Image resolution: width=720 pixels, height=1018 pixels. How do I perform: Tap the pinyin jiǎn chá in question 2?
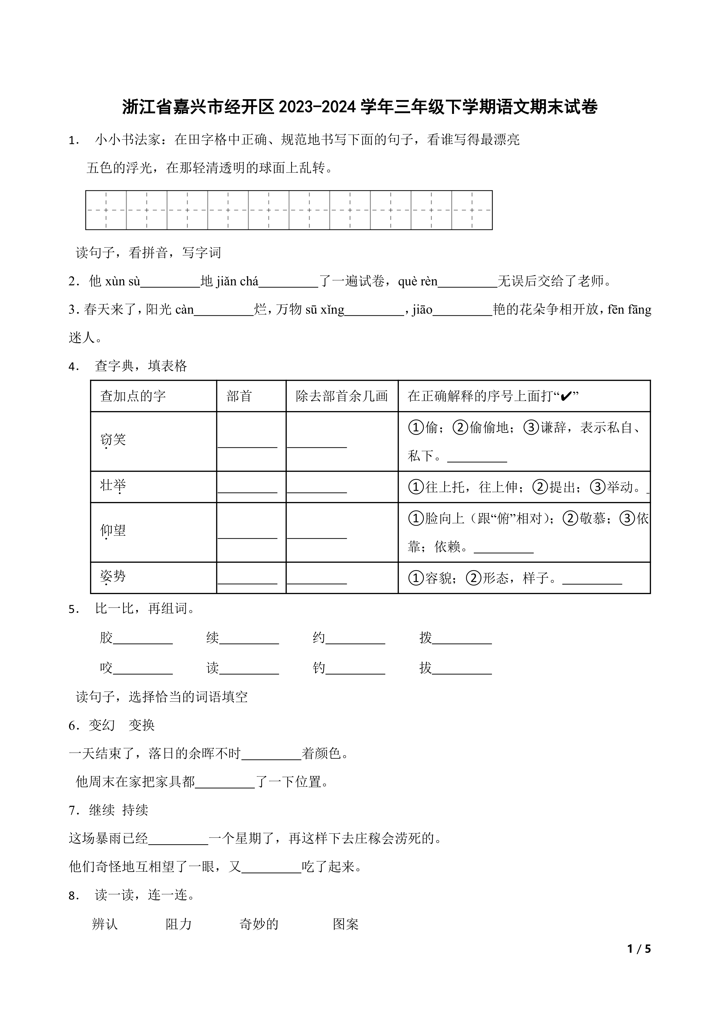coord(237,281)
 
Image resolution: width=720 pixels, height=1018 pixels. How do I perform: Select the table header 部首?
coord(239,396)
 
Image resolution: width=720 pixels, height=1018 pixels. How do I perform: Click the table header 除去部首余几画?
coord(341,396)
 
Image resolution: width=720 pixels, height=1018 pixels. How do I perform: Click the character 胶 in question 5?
coord(106,638)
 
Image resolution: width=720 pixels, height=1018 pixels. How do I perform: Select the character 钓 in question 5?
coord(319,668)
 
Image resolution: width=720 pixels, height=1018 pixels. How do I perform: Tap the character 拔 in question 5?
coord(426,668)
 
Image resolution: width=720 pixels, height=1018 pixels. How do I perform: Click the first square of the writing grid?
coord(106,210)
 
